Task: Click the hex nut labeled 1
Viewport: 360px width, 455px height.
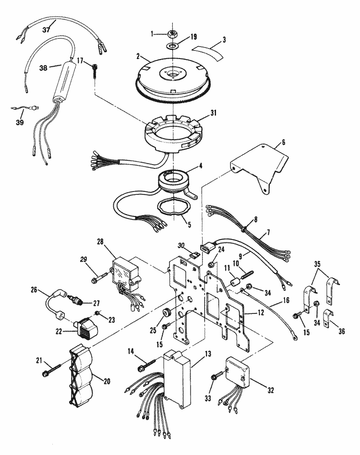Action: pyautogui.click(x=173, y=34)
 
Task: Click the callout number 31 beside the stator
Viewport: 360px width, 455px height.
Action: pyautogui.click(x=213, y=113)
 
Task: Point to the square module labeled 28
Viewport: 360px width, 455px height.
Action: pyautogui.click(x=127, y=274)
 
